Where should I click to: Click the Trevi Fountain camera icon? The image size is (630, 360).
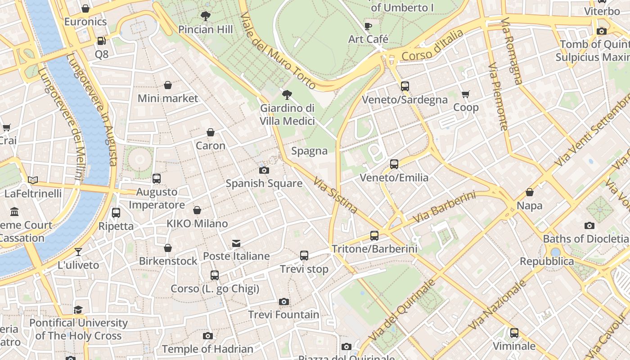click(283, 301)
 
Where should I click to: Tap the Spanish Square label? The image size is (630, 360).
click(264, 183)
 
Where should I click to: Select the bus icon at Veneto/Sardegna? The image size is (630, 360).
click(405, 86)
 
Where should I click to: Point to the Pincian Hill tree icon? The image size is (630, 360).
click(206, 17)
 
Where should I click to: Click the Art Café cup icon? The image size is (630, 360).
click(368, 26)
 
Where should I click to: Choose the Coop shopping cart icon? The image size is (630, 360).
click(466, 94)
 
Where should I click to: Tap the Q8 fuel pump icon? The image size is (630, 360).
click(102, 41)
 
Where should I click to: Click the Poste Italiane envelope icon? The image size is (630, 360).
click(236, 243)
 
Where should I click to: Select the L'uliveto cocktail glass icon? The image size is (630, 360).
click(78, 252)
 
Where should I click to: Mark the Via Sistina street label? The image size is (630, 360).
click(335, 195)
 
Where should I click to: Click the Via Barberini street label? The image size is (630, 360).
click(444, 207)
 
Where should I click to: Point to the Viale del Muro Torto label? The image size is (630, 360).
click(278, 50)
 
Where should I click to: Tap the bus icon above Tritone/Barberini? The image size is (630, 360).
click(374, 235)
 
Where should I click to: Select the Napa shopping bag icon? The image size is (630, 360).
click(530, 192)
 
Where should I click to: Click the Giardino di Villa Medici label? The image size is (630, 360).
click(287, 115)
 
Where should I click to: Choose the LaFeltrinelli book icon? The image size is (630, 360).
click(33, 180)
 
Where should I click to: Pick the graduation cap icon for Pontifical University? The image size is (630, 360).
click(78, 310)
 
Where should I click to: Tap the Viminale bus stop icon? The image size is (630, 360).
click(514, 333)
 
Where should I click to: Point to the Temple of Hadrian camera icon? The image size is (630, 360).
click(207, 336)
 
